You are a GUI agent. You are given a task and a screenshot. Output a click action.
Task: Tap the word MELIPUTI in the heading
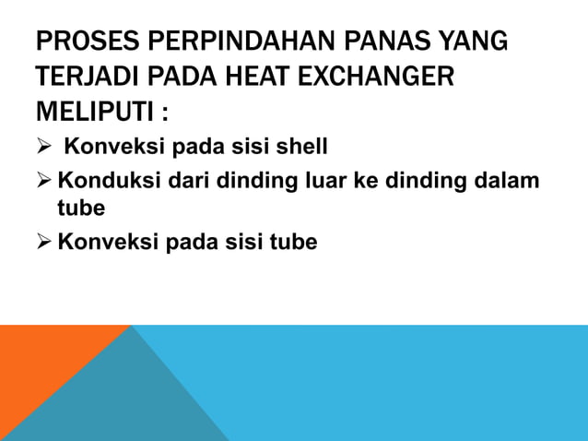88,114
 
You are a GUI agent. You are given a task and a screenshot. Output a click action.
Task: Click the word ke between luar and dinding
363,179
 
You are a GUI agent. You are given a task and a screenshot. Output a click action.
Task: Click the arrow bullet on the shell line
44,148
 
